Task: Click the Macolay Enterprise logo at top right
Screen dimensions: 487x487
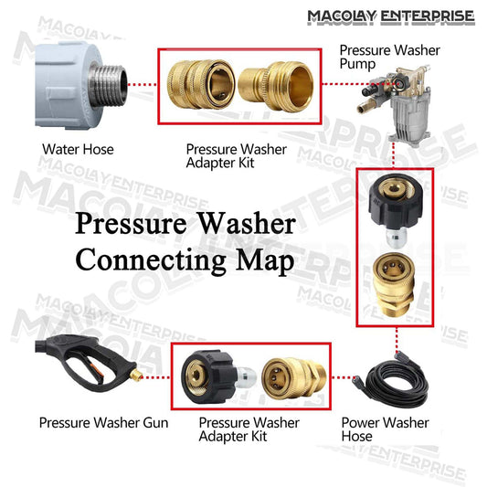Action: pos(391,16)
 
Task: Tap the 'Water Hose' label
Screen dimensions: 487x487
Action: pos(78,150)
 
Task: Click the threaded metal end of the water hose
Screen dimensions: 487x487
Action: pos(107,84)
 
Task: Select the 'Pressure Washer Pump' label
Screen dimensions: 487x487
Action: pos(389,58)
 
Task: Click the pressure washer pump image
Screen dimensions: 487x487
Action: pos(397,102)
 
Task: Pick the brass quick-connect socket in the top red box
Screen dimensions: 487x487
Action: pos(201,84)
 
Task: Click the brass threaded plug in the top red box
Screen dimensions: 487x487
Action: pos(276,86)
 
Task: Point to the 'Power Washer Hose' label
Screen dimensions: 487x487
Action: pos(385,429)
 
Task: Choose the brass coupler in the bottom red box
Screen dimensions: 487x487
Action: pos(294,377)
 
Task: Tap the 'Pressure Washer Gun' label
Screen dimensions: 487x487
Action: pos(104,423)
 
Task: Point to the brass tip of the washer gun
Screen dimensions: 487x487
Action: pos(136,375)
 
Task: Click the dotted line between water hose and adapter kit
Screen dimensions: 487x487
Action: pos(143,84)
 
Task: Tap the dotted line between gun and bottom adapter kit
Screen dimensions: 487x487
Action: pos(156,377)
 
